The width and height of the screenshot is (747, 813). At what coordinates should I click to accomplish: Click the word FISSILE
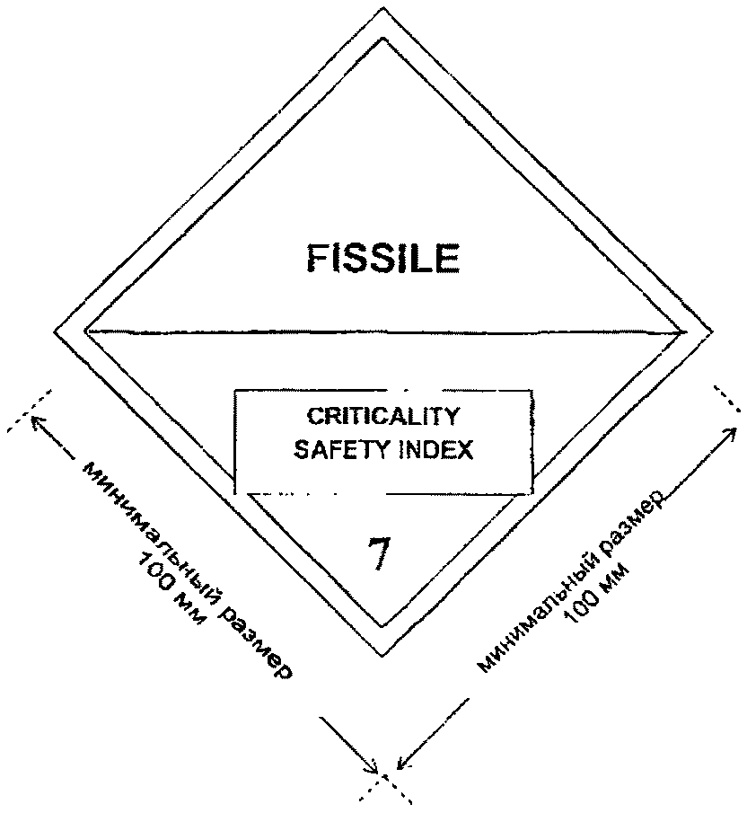(x=384, y=259)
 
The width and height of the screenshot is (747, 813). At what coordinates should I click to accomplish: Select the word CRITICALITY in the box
(x=384, y=417)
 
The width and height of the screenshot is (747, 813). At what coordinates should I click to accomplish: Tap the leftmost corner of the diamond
(x=56, y=332)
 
